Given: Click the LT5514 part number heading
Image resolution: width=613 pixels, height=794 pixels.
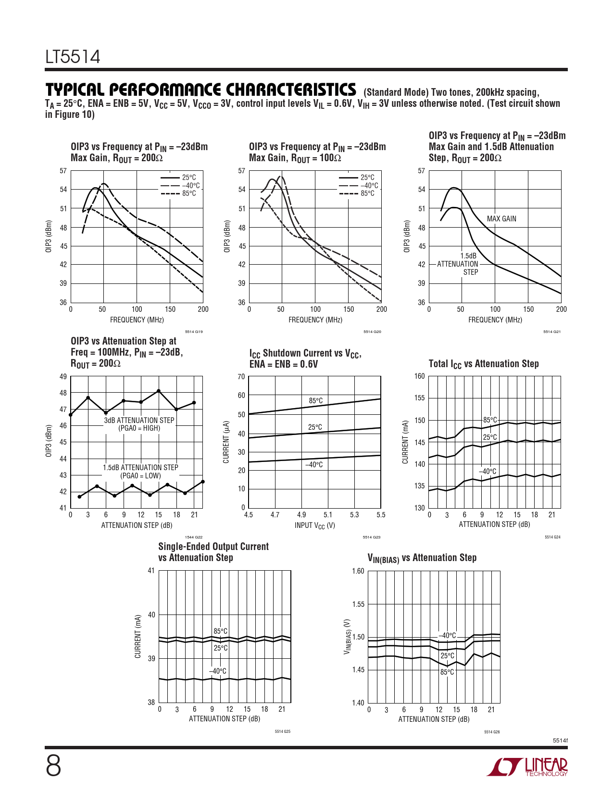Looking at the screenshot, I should (x=73, y=57).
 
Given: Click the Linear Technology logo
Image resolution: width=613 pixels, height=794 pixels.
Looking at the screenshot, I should (x=527, y=767).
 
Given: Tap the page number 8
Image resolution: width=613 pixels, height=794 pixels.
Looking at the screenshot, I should (x=53, y=766).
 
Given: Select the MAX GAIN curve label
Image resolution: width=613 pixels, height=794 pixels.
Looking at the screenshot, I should (x=501, y=219).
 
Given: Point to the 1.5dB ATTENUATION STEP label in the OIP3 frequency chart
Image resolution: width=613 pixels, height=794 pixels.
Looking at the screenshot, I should (x=458, y=264).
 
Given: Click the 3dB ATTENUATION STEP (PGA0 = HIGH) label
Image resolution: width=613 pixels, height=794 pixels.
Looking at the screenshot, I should (x=139, y=424).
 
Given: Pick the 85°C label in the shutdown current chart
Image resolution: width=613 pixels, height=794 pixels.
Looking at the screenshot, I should (x=316, y=401).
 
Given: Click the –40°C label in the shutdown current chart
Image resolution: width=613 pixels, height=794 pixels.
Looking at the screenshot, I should (x=314, y=465).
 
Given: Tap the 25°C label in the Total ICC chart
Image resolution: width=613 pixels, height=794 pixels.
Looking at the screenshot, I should (x=490, y=437).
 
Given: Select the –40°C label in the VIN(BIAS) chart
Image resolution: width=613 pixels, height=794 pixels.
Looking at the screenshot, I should (x=447, y=636).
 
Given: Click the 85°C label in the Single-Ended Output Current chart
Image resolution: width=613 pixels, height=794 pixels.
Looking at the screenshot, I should (x=221, y=631).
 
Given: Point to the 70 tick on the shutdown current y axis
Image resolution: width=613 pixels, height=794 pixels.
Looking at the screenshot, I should (x=241, y=377).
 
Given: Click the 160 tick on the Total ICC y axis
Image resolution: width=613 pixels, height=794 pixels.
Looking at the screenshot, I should (x=420, y=376).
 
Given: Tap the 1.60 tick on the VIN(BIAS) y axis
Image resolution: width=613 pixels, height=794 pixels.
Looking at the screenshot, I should (x=358, y=571).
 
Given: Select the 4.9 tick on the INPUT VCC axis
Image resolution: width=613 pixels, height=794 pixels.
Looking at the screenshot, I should (x=301, y=515).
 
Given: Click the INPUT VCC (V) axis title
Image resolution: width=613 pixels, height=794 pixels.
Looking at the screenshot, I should (x=315, y=525).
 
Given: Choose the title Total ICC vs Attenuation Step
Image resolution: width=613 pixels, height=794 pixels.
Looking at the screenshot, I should (x=484, y=364).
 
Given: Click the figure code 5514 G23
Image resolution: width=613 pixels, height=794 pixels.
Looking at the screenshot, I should (x=372, y=537).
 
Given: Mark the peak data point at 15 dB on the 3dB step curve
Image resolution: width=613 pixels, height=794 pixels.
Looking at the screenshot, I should (x=159, y=391).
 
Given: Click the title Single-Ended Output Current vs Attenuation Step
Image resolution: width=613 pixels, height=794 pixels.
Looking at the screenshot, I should (x=213, y=552).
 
